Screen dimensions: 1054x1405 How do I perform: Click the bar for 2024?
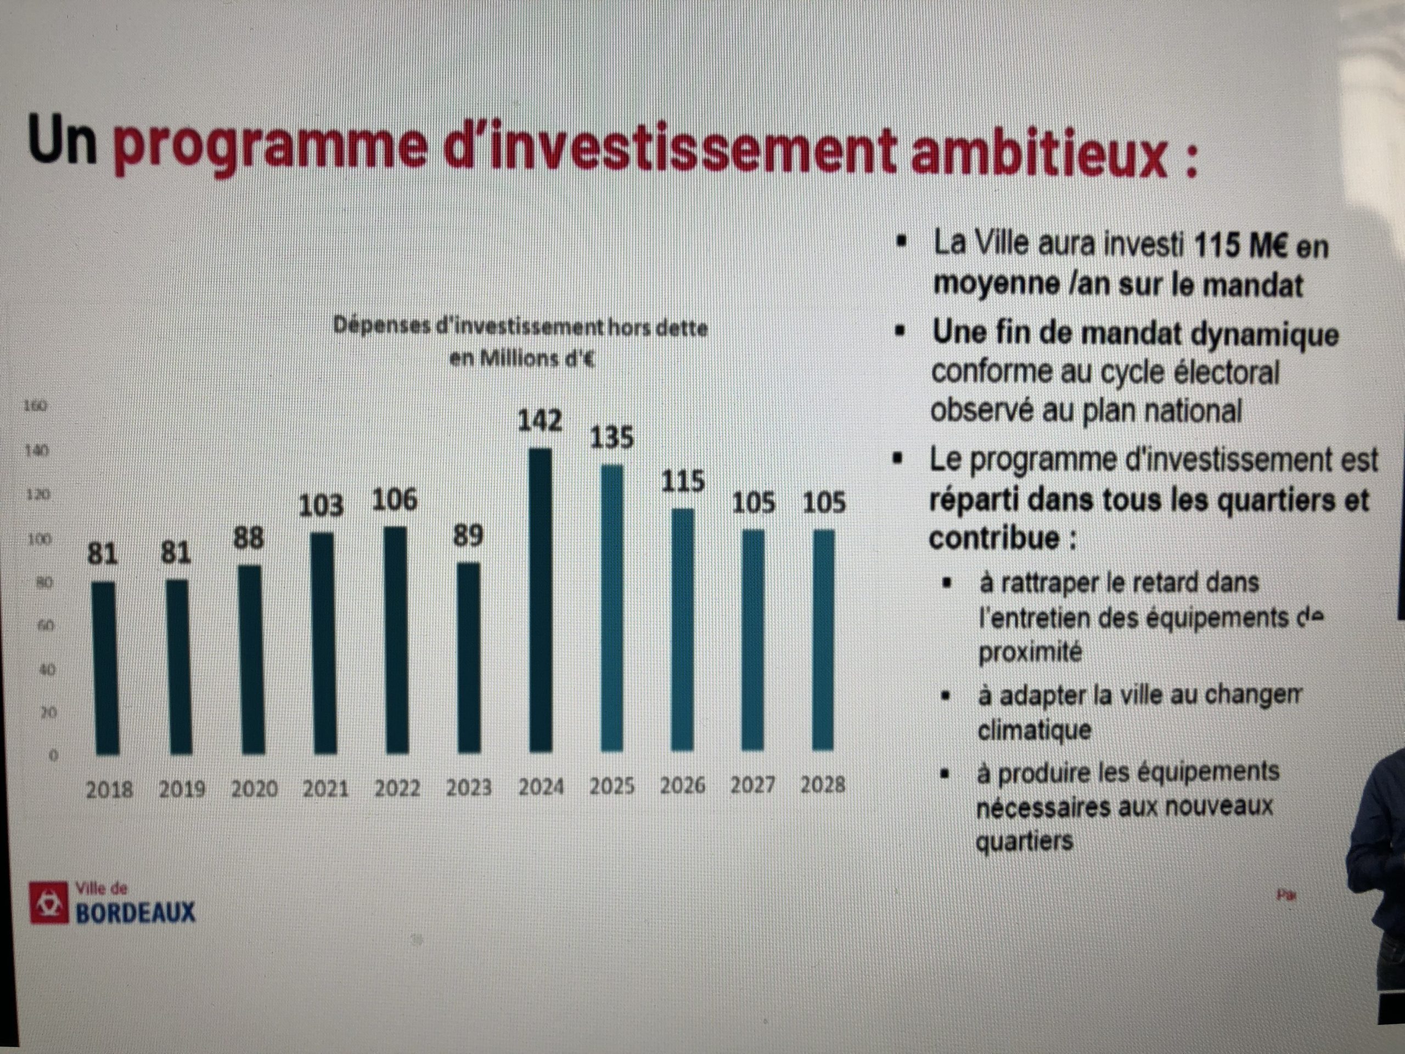pos(540,601)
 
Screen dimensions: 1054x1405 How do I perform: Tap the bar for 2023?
pos(469,658)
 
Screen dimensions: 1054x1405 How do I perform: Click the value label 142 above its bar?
pos(540,421)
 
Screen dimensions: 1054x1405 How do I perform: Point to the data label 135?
pos(612,438)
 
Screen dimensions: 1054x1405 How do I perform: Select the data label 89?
pos(468,536)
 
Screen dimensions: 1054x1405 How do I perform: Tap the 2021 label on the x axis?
pos(325,789)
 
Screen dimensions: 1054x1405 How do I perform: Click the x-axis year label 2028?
pos(823,785)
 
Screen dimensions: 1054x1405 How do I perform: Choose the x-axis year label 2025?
pos(612,787)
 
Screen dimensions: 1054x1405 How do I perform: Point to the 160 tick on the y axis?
pos(35,406)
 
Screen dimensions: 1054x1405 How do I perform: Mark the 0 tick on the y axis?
pos(53,756)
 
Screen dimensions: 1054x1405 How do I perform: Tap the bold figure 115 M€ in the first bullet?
pos(1240,246)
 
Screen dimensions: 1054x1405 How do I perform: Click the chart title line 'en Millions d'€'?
pos(522,360)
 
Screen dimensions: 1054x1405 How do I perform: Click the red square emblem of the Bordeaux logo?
pos(48,902)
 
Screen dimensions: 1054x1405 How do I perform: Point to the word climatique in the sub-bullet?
pos(1034,730)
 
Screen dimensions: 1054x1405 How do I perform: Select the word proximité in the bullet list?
pos(1030,653)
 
